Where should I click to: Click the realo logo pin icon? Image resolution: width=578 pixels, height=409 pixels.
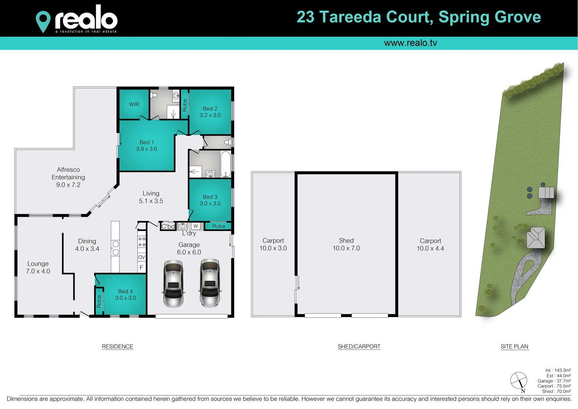click(43, 21)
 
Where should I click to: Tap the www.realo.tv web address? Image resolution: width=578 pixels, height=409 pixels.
click(410, 43)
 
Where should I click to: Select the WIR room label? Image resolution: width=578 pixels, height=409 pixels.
click(134, 104)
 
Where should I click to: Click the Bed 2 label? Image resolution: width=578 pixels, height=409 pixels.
click(210, 109)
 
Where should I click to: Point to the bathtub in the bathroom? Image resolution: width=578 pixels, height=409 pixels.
click(225, 164)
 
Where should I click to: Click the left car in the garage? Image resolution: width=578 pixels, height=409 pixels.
click(174, 283)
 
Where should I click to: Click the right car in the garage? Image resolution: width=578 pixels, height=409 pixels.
click(210, 282)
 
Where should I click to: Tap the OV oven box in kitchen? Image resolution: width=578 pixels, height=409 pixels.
click(141, 257)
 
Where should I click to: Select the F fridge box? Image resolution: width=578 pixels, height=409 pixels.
click(141, 267)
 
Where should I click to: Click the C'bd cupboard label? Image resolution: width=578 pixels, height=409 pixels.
click(168, 226)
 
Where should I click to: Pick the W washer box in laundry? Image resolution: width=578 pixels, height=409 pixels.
click(196, 226)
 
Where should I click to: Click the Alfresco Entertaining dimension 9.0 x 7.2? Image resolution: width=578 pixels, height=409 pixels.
click(68, 185)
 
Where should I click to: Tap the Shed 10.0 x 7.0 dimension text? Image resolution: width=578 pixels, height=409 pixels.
click(346, 248)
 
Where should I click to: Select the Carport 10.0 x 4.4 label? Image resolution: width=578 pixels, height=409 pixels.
click(430, 245)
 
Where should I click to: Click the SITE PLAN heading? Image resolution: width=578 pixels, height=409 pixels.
click(514, 347)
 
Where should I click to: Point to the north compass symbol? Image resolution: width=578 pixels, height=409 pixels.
click(519, 381)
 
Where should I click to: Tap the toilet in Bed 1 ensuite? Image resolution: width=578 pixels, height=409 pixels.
click(153, 95)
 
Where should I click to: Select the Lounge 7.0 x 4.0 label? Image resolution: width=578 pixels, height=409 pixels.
click(38, 267)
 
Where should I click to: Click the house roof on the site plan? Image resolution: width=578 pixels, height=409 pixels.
click(536, 238)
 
